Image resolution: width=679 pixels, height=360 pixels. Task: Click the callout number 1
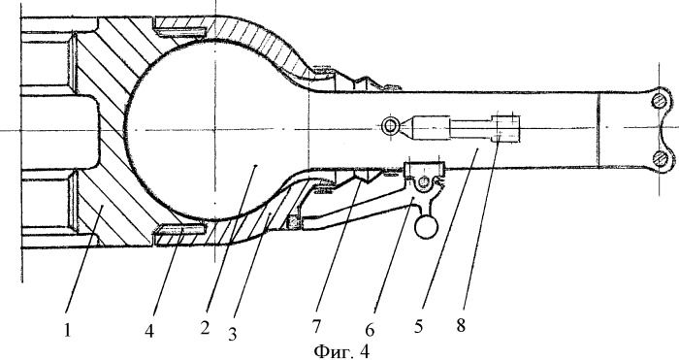tap(68, 331)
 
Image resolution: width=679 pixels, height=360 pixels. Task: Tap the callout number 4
tap(149, 332)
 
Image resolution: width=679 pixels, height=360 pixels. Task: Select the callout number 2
tap(205, 328)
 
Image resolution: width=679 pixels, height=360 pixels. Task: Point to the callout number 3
tap(233, 334)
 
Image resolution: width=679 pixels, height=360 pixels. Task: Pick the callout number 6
tap(370, 330)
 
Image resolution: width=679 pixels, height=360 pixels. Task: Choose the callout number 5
tap(418, 326)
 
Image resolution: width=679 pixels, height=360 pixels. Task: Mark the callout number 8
tap(461, 325)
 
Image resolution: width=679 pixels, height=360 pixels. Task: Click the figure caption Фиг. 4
tap(341, 351)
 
